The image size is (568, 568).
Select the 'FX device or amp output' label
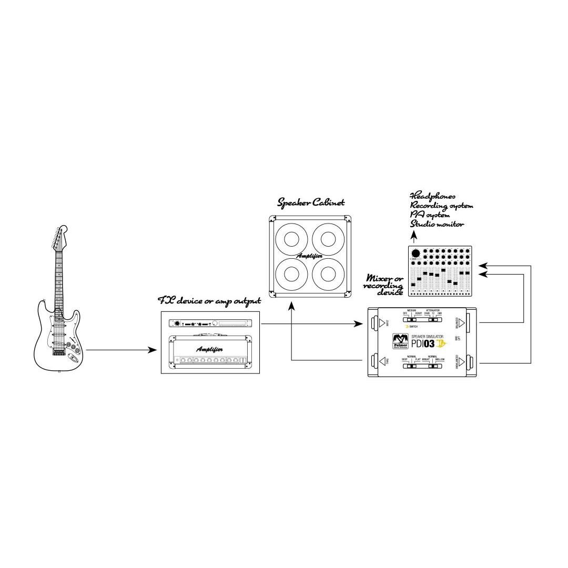click(210, 301)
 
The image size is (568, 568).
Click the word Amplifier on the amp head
click(209, 349)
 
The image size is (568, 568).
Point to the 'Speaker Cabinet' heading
click(311, 202)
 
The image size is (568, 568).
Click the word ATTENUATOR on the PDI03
click(432, 311)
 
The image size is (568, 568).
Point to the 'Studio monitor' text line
click(437, 224)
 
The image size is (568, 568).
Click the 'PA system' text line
click(430, 215)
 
